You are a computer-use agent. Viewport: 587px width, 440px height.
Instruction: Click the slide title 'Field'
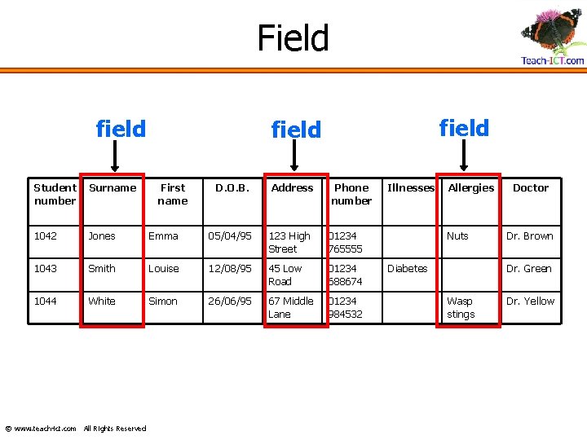tap(293, 38)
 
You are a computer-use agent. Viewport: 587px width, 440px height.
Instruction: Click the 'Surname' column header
tap(113, 188)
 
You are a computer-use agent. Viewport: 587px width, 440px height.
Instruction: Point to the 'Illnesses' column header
tap(410, 188)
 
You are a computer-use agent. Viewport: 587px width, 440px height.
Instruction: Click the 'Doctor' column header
tap(530, 188)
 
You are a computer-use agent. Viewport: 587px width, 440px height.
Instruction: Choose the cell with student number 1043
tap(46, 269)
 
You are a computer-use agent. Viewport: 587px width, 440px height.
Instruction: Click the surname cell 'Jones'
tap(102, 236)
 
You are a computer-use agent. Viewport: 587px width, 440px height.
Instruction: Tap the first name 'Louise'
tap(163, 269)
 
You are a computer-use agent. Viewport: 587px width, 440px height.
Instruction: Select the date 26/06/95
tap(230, 301)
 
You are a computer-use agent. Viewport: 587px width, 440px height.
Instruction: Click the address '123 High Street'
tap(289, 242)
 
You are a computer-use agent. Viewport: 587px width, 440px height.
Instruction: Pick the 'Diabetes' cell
tap(407, 269)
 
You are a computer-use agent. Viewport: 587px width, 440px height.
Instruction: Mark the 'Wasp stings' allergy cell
tap(461, 307)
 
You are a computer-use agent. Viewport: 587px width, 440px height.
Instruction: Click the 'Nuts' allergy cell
tap(457, 236)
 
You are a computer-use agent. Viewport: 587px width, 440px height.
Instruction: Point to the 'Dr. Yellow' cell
tap(530, 301)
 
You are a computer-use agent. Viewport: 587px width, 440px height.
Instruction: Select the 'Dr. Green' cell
tap(528, 269)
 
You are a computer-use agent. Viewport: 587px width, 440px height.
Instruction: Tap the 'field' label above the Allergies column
tap(464, 128)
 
